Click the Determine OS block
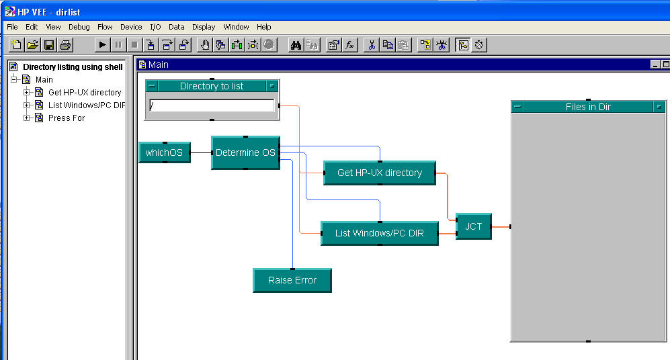(245, 152)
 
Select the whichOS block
(164, 152)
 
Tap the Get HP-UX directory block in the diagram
(380, 173)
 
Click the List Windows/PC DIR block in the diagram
(380, 234)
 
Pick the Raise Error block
(292, 280)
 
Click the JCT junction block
(473, 226)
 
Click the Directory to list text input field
(212, 105)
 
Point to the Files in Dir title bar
(588, 107)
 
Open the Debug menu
(79, 27)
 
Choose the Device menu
(131, 27)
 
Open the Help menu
(263, 27)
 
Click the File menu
(12, 27)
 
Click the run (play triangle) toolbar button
(102, 45)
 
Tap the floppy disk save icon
(49, 45)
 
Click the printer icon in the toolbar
(65, 45)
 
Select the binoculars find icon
(296, 45)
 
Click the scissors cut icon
(371, 45)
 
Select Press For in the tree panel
(67, 118)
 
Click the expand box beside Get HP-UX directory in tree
(27, 93)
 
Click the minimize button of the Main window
(655, 64)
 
